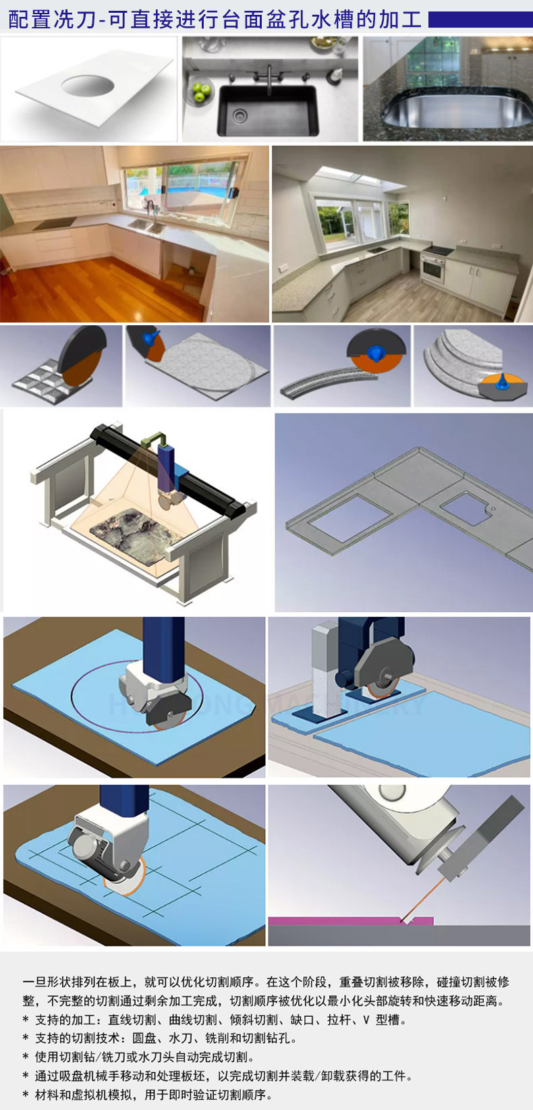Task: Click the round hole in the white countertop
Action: tap(88, 85)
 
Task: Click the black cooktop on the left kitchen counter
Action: tap(54, 223)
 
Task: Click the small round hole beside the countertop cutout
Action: tap(493, 508)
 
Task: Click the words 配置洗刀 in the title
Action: tap(51, 20)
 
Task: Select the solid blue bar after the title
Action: tap(480, 20)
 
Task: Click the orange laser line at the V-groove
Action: tap(422, 897)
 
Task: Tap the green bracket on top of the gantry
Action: tap(153, 440)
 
